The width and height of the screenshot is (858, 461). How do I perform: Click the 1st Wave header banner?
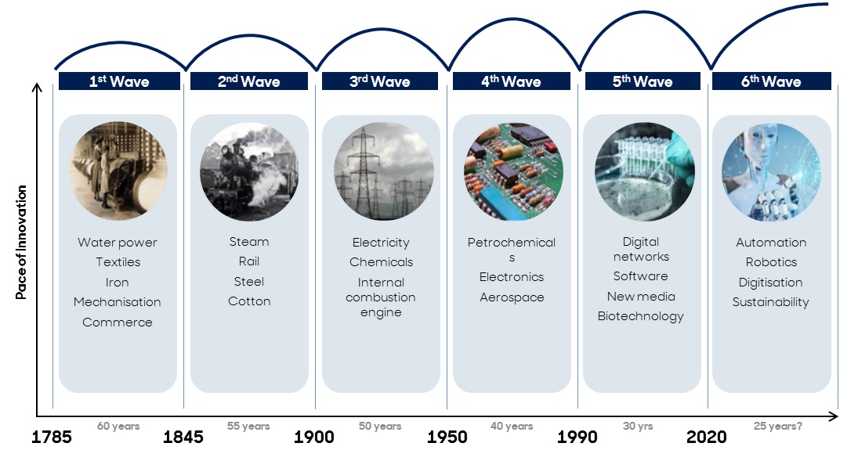pos(119,81)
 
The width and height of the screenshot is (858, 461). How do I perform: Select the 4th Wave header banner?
pos(512,81)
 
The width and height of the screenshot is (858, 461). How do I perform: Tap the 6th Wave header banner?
pos(772,81)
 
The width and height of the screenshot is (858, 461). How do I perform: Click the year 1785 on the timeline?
pos(52,437)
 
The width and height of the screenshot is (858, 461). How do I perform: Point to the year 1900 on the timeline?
pos(314,437)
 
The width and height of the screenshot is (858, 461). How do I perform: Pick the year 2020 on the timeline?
pos(707,437)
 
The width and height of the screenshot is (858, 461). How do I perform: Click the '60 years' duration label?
pos(118,426)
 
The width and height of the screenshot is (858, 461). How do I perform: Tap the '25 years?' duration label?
pos(777,426)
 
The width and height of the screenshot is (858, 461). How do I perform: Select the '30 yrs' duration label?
pos(638,426)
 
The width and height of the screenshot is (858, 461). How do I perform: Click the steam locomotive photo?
pos(249,171)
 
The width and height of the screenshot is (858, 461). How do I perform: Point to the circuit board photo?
pos(513,171)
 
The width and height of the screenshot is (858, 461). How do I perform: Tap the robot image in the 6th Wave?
pos(771,171)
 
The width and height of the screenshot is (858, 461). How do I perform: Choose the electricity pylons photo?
pos(384,171)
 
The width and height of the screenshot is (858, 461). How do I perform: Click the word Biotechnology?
pos(641,316)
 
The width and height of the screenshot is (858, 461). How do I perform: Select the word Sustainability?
pos(770,302)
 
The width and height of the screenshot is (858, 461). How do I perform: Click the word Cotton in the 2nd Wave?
pos(249,301)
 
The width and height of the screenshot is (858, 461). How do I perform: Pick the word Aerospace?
pos(512,297)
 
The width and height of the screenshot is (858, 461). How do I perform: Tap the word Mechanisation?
pos(117,302)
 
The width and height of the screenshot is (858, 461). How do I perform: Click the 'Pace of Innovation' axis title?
pos(21,243)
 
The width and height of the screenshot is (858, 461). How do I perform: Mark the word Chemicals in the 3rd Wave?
pos(381,262)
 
